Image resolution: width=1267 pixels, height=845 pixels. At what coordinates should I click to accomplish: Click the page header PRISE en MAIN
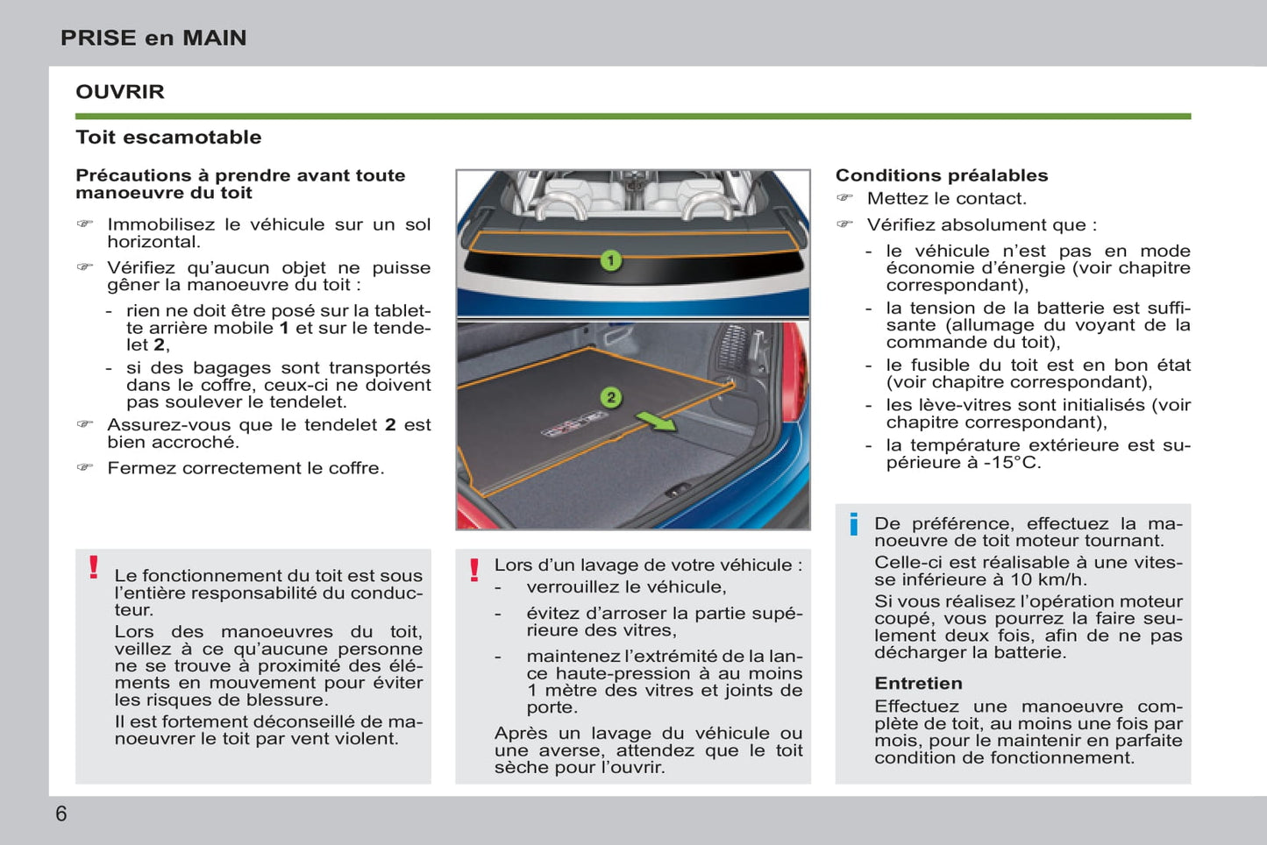[x=153, y=38]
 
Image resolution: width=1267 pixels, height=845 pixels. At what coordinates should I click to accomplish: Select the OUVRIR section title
[x=120, y=92]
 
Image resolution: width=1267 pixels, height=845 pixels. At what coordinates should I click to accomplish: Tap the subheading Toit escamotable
[x=168, y=138]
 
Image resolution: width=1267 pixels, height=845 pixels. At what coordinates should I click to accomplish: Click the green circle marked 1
[x=610, y=260]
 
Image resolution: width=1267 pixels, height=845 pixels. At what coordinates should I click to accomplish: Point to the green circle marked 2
[x=611, y=397]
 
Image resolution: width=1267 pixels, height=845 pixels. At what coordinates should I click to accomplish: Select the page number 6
[x=61, y=814]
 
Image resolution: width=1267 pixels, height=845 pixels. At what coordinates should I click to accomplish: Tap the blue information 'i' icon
[x=853, y=524]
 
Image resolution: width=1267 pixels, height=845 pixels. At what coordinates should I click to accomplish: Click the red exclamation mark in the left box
[x=94, y=567]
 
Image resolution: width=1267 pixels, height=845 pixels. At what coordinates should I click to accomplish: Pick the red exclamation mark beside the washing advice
[x=474, y=570]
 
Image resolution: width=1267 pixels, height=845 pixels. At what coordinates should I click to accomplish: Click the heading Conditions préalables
[x=941, y=175]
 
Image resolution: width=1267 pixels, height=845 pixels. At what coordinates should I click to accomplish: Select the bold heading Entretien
[x=918, y=684]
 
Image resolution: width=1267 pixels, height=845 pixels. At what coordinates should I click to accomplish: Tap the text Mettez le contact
[x=946, y=199]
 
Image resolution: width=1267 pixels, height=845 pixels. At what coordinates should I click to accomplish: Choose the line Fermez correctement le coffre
[x=246, y=468]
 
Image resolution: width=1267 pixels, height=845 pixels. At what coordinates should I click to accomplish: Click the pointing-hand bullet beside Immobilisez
[x=85, y=224]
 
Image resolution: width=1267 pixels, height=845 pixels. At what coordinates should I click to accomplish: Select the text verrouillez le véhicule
[x=626, y=587]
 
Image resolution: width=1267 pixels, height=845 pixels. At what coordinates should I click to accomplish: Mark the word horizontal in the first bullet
[x=153, y=242]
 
